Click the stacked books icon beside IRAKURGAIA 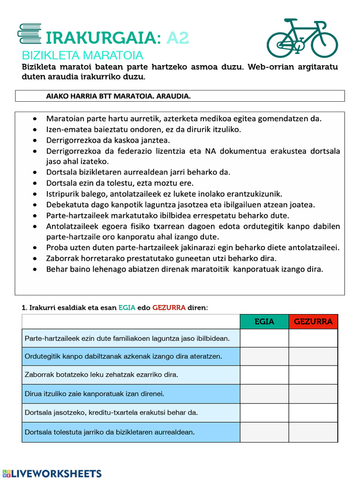pyautogui.click(x=29, y=34)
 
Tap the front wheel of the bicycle pyautogui.click(x=324, y=45)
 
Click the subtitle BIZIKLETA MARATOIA pyautogui.click(x=82, y=55)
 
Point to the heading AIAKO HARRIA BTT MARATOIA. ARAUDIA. pyautogui.click(x=118, y=96)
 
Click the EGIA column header pyautogui.click(x=264, y=322)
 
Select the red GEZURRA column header pyautogui.click(x=313, y=322)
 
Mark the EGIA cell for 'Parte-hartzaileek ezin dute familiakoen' pyautogui.click(x=264, y=338)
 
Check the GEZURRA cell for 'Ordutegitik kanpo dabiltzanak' pyautogui.click(x=313, y=356)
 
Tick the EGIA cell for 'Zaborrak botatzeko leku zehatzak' pyautogui.click(x=264, y=375)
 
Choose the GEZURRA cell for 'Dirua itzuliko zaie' pyautogui.click(x=313, y=394)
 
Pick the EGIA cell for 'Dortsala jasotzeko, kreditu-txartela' pyautogui.click(x=264, y=412)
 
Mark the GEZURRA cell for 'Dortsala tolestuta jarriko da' pyautogui.click(x=313, y=432)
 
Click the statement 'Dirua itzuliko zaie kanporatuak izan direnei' pyautogui.click(x=94, y=394)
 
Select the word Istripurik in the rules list pyautogui.click(x=63, y=194)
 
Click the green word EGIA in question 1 pyautogui.click(x=127, y=307)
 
